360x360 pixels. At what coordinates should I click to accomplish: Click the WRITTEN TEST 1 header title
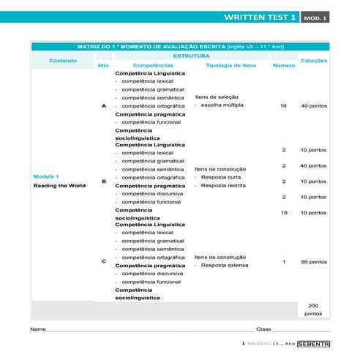coord(261,16)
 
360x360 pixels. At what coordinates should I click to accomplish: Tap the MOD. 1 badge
coord(315,17)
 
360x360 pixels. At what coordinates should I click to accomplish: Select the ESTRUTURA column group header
coord(192,56)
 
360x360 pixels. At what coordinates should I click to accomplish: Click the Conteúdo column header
coord(62,60)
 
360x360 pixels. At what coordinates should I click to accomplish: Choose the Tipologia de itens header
coord(231,65)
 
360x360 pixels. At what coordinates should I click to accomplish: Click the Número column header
coord(284,65)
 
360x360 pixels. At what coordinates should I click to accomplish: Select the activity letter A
coord(103,106)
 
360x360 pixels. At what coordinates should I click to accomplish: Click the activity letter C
coord(103,261)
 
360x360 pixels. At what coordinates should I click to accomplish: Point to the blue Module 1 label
coord(46,176)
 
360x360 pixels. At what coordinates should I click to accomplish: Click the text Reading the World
coord(59,186)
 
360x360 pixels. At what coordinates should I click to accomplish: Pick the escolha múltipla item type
coord(222,105)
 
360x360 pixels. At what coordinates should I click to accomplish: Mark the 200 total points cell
coord(313,309)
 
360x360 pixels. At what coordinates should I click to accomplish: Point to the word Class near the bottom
coord(263,329)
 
